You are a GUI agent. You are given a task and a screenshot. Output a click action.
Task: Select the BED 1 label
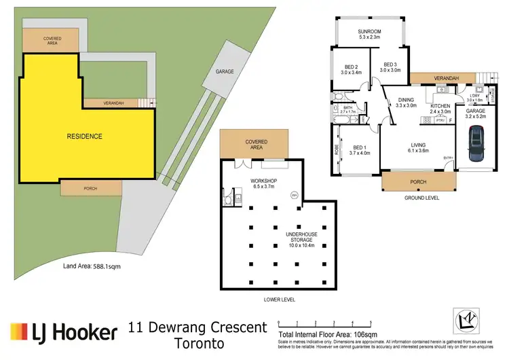pyautogui.click(x=360, y=150)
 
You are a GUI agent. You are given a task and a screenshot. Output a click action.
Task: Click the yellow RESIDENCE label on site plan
pyautogui.click(x=84, y=137)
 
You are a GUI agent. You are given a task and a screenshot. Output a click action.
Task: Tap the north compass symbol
pyautogui.click(x=467, y=319)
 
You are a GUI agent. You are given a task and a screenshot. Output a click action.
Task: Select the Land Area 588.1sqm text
pyautogui.click(x=93, y=266)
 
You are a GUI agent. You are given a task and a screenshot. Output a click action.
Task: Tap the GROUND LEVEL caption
pyautogui.click(x=423, y=198)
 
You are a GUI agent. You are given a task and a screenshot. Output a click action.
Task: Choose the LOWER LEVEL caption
pyautogui.click(x=279, y=299)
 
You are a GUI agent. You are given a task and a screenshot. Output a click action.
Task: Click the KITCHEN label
pyautogui.click(x=440, y=108)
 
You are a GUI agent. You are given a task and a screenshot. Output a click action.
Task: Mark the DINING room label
pyautogui.click(x=406, y=102)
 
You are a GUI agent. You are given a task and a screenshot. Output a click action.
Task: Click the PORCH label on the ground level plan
pyautogui.click(x=417, y=181)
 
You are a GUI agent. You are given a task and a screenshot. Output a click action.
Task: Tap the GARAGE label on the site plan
pyautogui.click(x=225, y=71)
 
